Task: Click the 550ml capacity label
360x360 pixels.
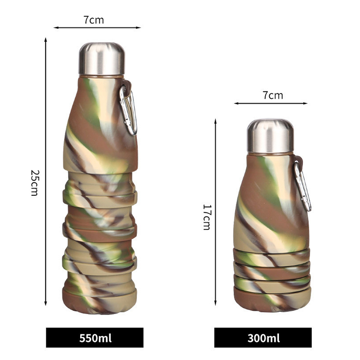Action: [95, 338]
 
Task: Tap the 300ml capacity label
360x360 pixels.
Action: [264, 338]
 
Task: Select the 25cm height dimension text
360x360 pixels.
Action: [35, 183]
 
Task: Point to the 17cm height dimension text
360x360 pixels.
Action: [207, 217]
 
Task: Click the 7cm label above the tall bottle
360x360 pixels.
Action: [94, 20]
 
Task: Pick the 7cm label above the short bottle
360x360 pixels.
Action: [273, 95]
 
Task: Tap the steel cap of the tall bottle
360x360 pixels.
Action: [102, 58]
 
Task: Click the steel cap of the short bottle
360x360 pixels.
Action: [270, 136]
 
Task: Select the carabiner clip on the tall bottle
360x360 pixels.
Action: [128, 110]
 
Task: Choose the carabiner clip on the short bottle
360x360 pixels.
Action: [303, 186]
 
